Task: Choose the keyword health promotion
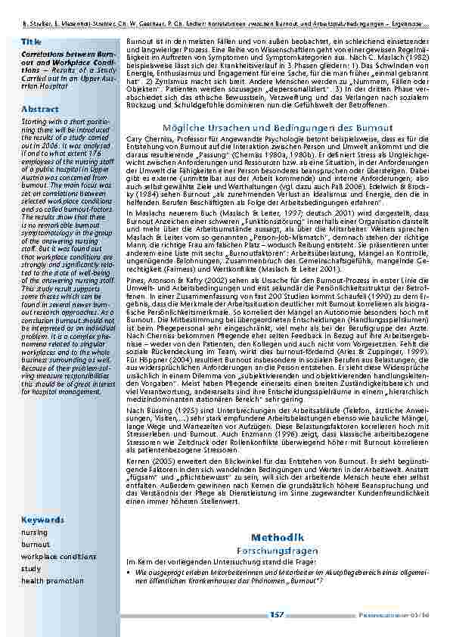[53, 580]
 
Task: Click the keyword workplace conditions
[59, 557]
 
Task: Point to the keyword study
[31, 568]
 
